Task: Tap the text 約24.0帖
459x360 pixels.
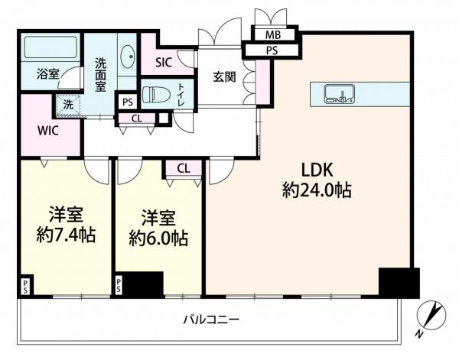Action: point(317,191)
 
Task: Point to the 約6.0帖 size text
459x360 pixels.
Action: point(158,238)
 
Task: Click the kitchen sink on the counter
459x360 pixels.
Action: point(337,94)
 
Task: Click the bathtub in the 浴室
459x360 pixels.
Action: point(50,48)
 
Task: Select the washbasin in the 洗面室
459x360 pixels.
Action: point(128,58)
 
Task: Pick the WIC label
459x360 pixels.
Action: point(49,129)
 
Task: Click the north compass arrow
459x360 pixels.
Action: point(434,313)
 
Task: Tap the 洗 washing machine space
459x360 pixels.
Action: point(67,103)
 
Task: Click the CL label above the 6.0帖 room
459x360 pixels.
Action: point(184,168)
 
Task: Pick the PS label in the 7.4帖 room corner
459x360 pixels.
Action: point(25,287)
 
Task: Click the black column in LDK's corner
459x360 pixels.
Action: point(399,283)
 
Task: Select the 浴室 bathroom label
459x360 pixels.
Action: point(49,74)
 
